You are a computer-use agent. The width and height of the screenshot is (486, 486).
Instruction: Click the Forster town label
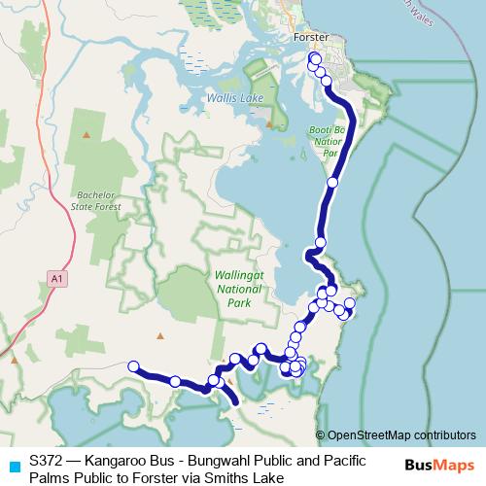pyautogui.click(x=312, y=38)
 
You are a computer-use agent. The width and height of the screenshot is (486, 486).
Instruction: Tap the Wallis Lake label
pyautogui.click(x=230, y=98)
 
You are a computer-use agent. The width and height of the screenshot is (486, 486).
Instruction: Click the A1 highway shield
pyautogui.click(x=59, y=279)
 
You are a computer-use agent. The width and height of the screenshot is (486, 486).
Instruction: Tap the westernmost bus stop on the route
pyautogui.click(x=135, y=366)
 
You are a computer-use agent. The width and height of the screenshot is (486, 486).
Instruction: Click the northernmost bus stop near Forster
pyautogui.click(x=314, y=59)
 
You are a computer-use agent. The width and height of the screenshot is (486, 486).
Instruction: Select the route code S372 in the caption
pyautogui.click(x=48, y=459)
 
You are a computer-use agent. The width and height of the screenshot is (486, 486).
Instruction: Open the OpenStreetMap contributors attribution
pyautogui.click(x=395, y=434)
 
